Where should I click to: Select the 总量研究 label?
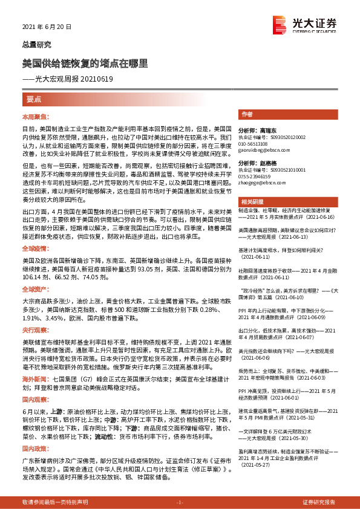click(x=37, y=45)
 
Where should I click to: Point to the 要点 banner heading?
click(x=34, y=99)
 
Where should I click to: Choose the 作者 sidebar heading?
click(x=247, y=114)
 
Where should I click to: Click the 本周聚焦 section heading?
click(x=33, y=115)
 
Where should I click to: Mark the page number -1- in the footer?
click(x=179, y=502)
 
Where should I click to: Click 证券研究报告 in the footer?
click(x=318, y=502)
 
